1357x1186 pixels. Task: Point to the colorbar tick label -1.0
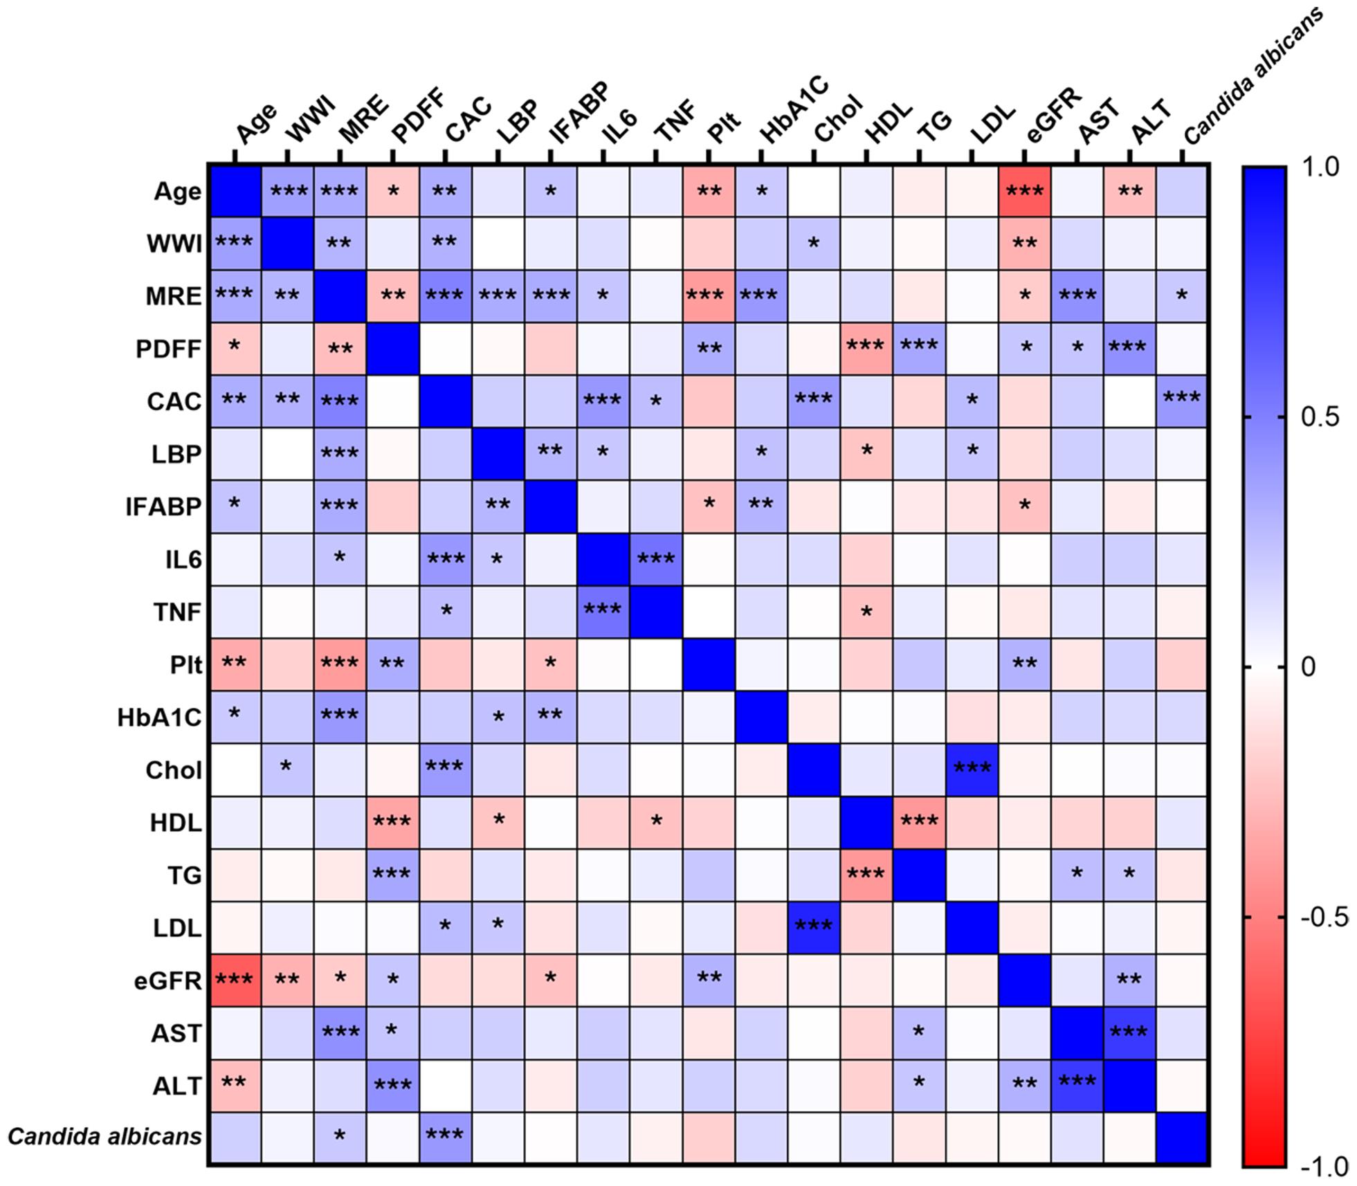click(1323, 1166)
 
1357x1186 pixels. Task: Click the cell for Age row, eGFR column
click(1025, 191)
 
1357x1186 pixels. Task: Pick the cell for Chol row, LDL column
click(972, 769)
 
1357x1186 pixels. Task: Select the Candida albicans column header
click(1253, 76)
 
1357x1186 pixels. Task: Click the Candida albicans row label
click(105, 1137)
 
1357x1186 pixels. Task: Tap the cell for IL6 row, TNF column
click(656, 559)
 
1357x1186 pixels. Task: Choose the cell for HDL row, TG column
click(919, 822)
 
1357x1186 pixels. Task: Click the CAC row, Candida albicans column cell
click(1182, 401)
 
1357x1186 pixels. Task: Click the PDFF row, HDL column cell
click(866, 349)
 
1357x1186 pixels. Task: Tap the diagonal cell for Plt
click(709, 664)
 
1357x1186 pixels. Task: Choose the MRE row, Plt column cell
click(709, 296)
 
